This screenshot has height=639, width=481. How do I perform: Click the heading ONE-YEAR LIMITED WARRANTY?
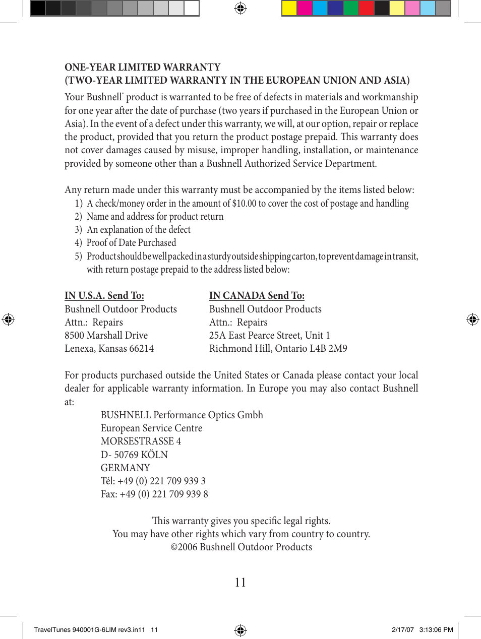pos(143,67)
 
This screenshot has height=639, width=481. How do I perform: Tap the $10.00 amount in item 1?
pos(244,204)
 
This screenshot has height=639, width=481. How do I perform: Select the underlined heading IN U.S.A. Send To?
pos(104,296)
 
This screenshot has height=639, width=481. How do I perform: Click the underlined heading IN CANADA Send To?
pos(257,296)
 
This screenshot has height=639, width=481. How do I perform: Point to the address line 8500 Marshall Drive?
pos(106,336)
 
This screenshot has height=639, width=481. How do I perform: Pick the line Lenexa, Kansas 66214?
pos(109,349)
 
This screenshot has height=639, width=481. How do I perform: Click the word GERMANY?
pos(125,468)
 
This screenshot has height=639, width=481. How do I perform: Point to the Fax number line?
pos(154,494)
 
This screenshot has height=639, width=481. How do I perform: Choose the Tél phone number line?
pos(153,481)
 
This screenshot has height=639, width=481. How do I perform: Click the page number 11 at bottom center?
pos(240,583)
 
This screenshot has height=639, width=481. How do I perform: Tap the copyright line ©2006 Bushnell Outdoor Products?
pos(241,547)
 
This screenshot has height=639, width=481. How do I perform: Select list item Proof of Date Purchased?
pos(131,243)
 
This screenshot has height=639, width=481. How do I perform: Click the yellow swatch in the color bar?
pos(289,9)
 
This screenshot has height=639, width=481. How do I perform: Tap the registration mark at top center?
pos(240,8)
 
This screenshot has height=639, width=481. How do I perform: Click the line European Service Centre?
pos(151,428)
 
